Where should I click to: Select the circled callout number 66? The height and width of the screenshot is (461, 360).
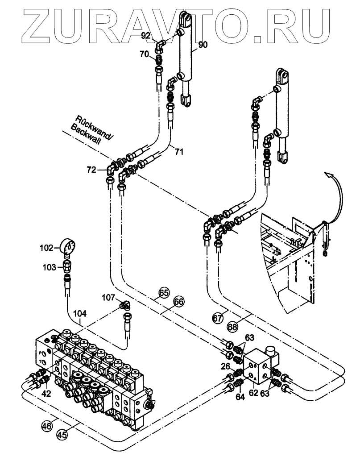(178, 302)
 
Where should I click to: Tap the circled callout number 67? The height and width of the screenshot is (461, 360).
(217, 318)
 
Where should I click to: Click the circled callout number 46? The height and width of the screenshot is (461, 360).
(46, 426)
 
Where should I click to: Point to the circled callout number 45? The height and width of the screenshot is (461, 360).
(62, 434)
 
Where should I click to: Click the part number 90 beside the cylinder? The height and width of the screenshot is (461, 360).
(203, 45)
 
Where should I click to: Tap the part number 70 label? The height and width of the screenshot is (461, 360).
(144, 55)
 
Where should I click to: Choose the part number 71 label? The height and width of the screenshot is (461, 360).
(179, 152)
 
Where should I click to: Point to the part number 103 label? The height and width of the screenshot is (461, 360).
(50, 267)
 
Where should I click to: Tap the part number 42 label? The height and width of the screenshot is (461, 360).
(46, 393)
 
